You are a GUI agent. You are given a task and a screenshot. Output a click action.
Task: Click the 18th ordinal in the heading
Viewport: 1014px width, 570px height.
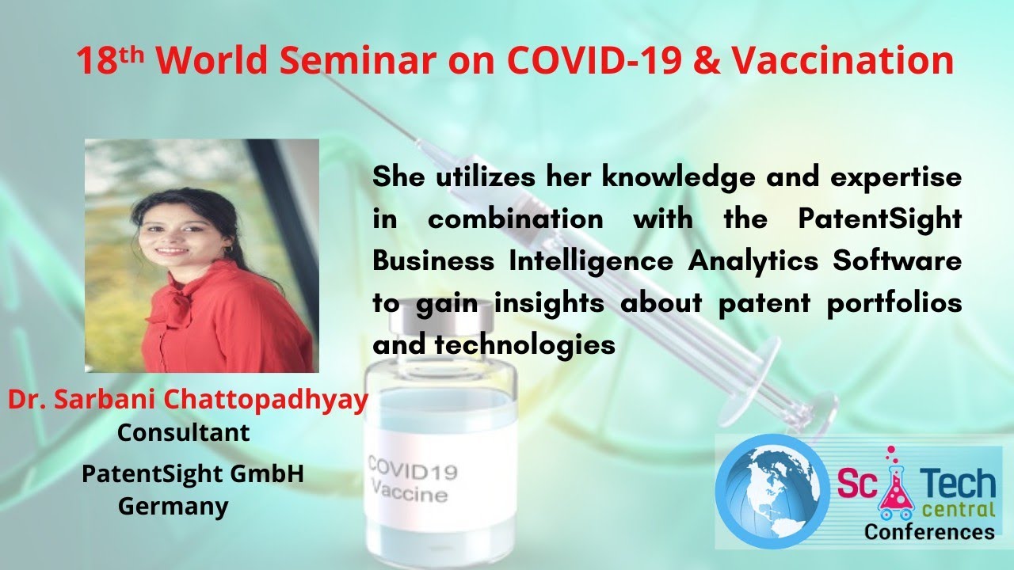click(x=111, y=61)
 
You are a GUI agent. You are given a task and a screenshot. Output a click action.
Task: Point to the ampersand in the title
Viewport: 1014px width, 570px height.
click(x=707, y=61)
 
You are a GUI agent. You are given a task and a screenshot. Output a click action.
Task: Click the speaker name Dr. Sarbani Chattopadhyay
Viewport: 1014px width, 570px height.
click(x=189, y=400)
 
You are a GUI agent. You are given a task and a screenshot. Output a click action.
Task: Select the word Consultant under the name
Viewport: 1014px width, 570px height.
click(x=183, y=433)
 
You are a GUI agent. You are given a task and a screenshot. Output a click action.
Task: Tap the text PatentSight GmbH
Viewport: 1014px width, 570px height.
click(x=193, y=474)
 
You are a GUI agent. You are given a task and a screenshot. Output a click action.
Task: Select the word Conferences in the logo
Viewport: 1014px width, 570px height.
click(x=928, y=531)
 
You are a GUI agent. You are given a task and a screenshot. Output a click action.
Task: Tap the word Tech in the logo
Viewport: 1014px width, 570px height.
click(x=959, y=482)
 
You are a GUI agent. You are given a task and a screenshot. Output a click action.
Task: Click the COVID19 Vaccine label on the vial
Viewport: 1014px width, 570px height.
click(x=410, y=481)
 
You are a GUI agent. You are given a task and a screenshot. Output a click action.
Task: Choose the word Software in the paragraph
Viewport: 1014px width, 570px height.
click(x=897, y=260)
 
